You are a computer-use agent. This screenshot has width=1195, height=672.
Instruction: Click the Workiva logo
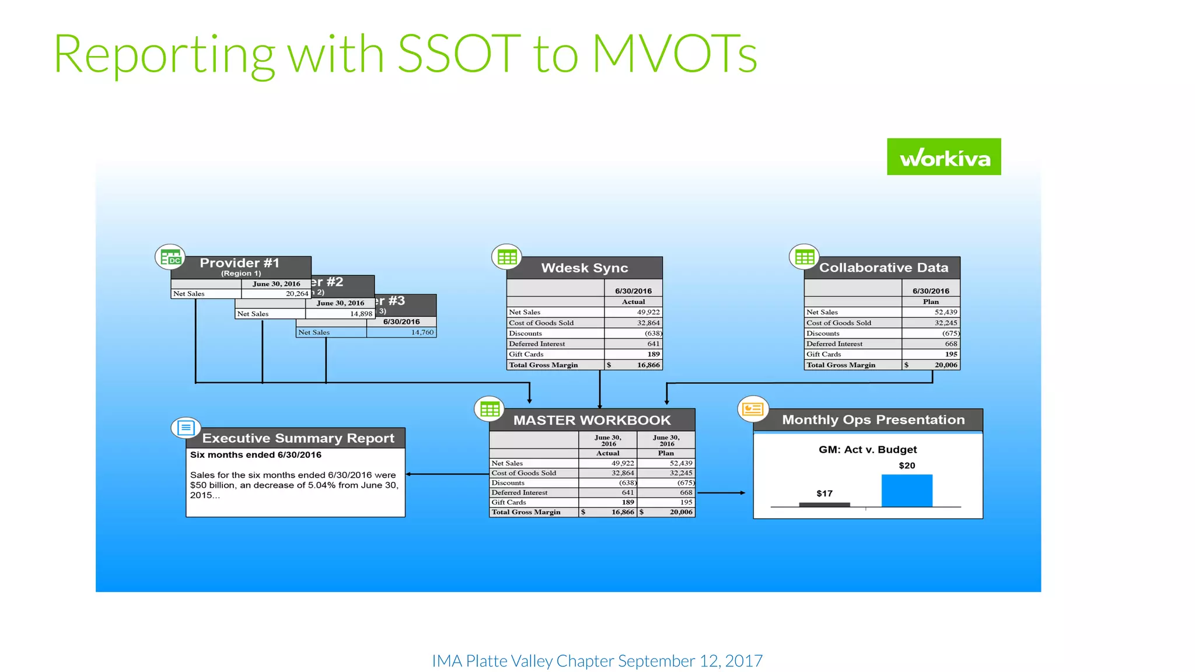[944, 157]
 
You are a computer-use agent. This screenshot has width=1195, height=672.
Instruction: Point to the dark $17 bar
[824, 505]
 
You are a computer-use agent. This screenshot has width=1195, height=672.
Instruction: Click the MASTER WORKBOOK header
[592, 420]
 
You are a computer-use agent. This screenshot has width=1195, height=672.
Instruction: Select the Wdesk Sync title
[584, 268]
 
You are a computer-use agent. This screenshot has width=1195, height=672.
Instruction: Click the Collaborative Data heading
[883, 268]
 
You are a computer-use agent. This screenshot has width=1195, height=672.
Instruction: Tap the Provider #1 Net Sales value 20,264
[296, 294]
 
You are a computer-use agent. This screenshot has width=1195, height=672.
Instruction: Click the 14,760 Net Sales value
[422, 332]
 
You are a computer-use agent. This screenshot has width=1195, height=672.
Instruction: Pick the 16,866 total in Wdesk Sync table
[648, 365]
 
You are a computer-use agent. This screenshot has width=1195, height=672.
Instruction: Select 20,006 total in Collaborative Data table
[945, 365]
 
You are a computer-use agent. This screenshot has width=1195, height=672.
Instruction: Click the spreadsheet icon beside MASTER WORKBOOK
[490, 409]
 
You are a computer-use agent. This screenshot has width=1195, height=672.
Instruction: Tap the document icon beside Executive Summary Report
[186, 428]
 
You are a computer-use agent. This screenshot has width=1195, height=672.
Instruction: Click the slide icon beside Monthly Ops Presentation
[753, 409]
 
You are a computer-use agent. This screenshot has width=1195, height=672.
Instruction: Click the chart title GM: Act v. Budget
[867, 450]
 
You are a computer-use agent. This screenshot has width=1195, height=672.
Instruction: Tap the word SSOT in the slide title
[459, 54]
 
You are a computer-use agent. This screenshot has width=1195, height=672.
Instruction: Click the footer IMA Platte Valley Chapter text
[597, 661]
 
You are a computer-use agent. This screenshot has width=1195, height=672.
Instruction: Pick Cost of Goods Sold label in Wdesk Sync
[541, 323]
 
